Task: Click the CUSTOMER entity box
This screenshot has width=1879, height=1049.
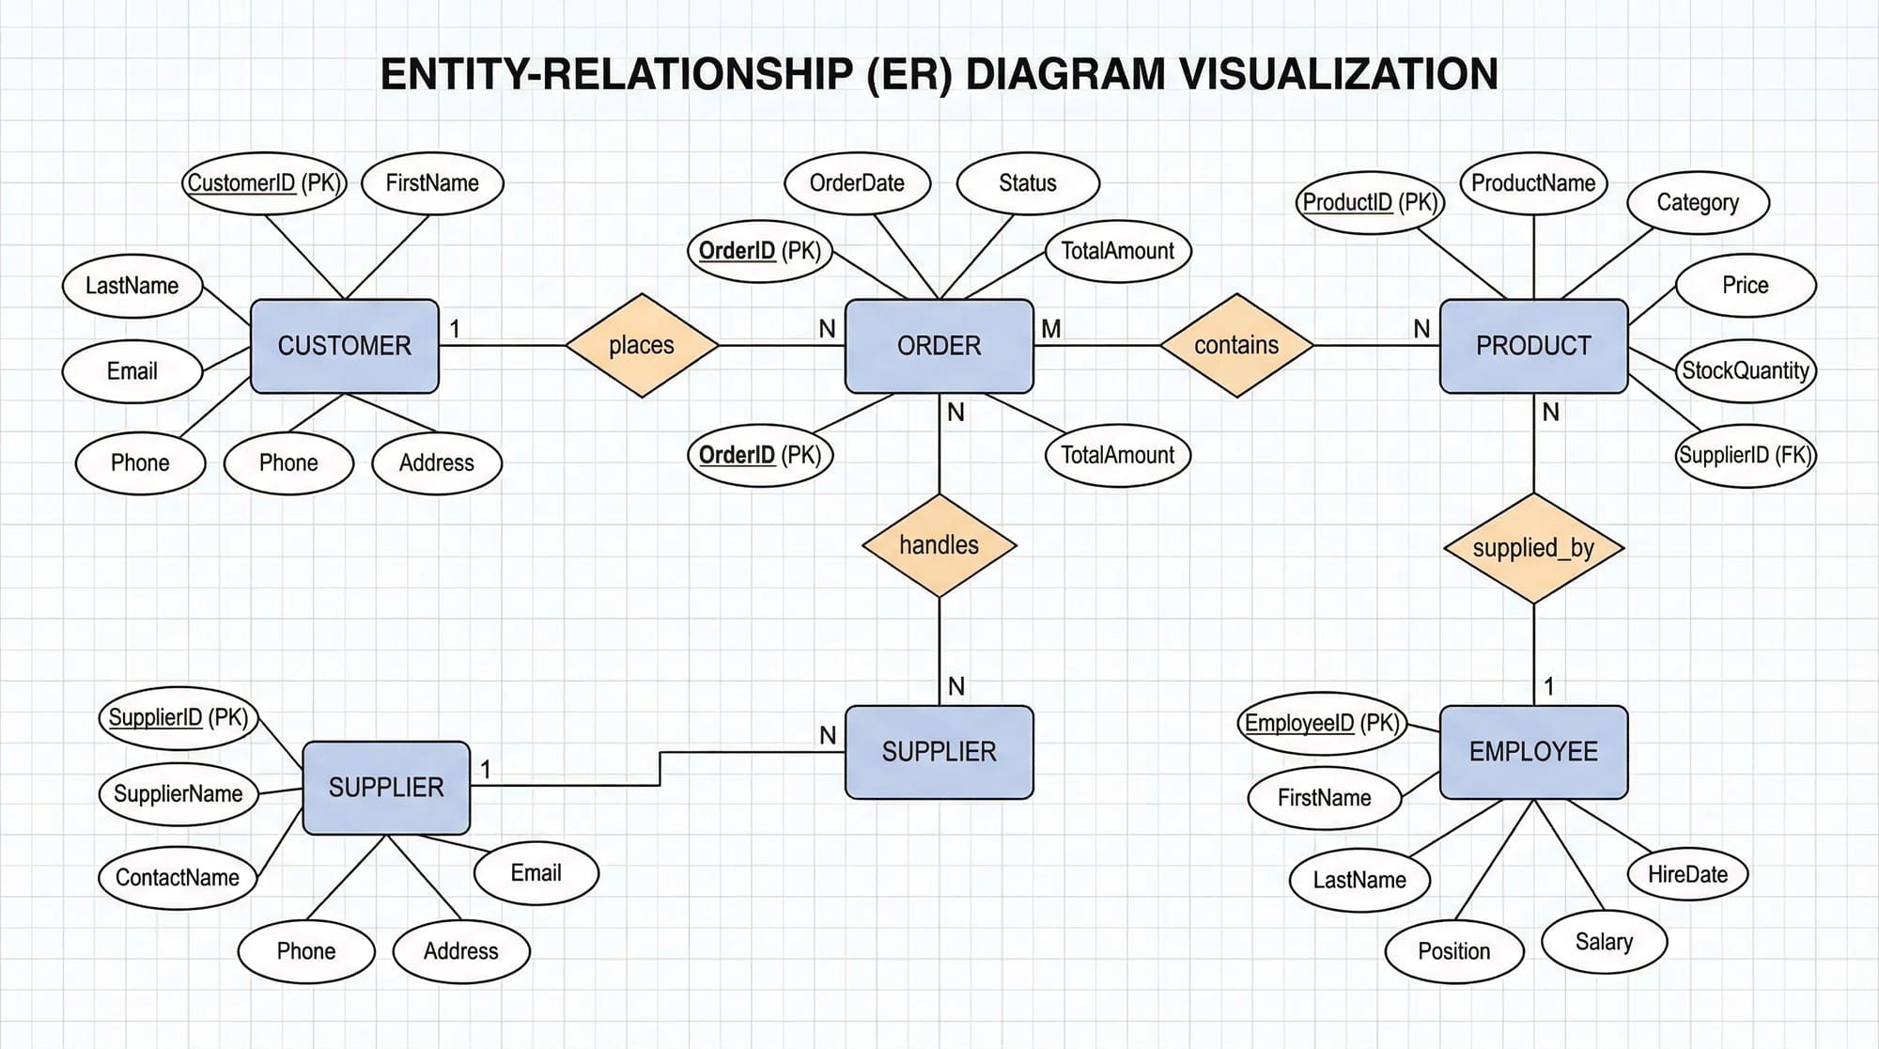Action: pos(344,346)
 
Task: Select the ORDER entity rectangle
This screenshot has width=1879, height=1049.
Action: pos(939,346)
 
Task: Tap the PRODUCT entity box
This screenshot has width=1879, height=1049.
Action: pos(1533,346)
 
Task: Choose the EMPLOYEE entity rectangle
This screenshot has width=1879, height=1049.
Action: pos(1533,752)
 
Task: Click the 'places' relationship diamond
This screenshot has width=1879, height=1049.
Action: pos(642,345)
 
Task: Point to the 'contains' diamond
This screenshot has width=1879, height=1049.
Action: pos(1236,345)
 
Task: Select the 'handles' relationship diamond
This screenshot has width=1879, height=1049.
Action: pos(939,545)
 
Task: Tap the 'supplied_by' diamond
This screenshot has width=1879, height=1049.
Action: pos(1533,548)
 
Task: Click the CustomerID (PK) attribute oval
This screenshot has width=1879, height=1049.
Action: pos(264,183)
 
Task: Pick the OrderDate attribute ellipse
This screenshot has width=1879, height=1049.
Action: pos(857,183)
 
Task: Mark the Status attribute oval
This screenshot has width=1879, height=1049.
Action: pos(1028,183)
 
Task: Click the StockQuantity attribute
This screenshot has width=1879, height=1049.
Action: pos(1746,370)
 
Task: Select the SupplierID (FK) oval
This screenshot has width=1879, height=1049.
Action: pos(1746,455)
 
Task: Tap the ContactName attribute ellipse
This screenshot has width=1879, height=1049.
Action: pos(178,877)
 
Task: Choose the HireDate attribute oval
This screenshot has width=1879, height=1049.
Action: pos(1687,874)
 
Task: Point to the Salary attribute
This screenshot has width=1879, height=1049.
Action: pos(1604,942)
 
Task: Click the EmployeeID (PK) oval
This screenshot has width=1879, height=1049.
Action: pos(1322,723)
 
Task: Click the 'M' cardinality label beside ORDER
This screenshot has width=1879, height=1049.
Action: pos(1051,329)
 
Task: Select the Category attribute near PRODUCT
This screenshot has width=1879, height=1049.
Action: pos(1698,202)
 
